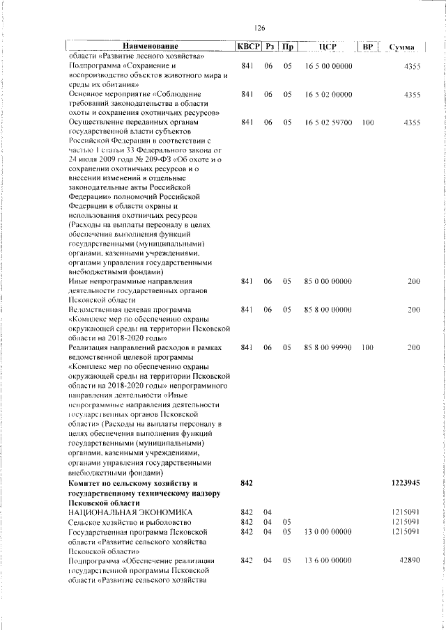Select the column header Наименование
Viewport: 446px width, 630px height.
(x=150, y=47)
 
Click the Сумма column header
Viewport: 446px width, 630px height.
(x=403, y=47)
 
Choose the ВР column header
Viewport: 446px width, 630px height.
(x=369, y=47)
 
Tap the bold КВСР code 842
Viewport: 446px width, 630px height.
(x=246, y=482)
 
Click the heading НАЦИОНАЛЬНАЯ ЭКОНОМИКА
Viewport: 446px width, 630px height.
(x=122, y=512)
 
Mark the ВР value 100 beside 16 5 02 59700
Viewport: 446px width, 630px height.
(x=368, y=123)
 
